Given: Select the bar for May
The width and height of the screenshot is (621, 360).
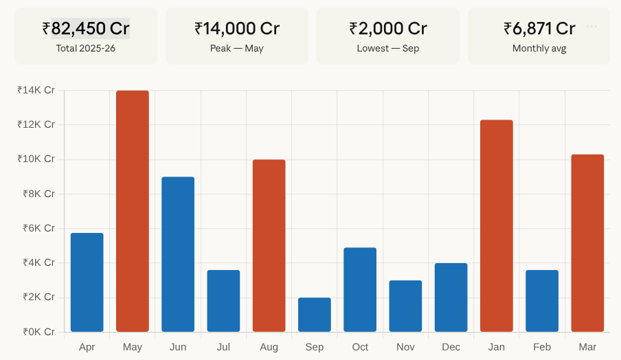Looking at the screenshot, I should pos(133,211).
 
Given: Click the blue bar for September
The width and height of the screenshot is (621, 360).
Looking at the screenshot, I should pos(315,315).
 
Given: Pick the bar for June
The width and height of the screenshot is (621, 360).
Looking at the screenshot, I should pos(178,254).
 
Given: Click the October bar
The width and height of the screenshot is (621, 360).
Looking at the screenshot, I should pos(360,289).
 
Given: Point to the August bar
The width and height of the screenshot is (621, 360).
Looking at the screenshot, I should pos(269,245).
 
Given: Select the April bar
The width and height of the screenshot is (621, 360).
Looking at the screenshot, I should pos(87,282).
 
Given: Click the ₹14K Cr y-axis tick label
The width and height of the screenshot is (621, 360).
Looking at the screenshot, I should pos(36,90).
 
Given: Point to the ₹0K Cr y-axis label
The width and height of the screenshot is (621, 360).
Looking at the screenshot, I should pos(36,332).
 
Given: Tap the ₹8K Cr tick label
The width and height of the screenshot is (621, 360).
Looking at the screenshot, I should pos(36,194).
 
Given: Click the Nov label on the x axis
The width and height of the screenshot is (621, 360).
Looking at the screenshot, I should pos(405,347).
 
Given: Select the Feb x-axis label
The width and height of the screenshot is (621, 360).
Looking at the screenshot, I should pos(542,347).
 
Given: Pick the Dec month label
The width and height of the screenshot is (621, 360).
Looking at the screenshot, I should pos(451,347).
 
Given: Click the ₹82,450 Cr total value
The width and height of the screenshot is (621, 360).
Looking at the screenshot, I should pos(86,28).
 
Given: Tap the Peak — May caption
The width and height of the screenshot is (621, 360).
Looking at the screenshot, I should pos(237,49).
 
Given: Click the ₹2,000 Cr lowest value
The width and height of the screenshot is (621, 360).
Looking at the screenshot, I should pos(388,28).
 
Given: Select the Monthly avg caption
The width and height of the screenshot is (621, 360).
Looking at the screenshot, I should pos(539,49).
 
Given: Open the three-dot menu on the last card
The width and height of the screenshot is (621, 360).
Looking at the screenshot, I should pos(592,26).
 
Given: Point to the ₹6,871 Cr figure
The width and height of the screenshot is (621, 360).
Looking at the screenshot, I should pos(539,28).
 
